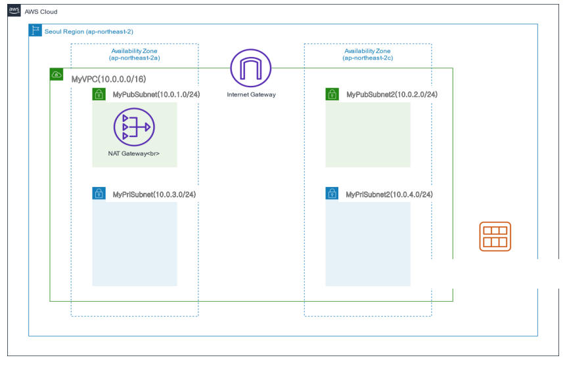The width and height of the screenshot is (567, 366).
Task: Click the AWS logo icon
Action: [14, 11]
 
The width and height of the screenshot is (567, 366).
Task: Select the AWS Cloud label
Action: [41, 12]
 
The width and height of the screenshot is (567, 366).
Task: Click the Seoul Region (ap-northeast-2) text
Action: [89, 31]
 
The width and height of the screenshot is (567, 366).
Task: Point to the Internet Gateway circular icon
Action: [251, 70]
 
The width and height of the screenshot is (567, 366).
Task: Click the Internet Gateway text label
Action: [251, 94]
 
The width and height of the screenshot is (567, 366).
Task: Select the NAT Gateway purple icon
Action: [133, 127]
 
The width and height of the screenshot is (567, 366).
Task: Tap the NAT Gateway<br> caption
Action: [134, 153]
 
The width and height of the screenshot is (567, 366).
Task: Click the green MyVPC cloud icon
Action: [57, 74]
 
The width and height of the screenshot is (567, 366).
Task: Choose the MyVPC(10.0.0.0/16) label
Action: [108, 79]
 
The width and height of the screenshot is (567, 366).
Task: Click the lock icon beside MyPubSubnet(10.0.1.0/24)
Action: [99, 94]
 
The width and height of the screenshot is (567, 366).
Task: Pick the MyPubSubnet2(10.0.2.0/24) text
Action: [392, 94]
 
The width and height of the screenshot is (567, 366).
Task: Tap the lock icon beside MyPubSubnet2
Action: [332, 94]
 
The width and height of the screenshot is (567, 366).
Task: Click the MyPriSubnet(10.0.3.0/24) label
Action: [154, 194]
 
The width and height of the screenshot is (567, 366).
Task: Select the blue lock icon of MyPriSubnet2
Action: [332, 194]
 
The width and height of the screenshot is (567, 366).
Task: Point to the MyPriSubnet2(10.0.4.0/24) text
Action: [389, 194]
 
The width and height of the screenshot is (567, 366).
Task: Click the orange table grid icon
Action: [495, 236]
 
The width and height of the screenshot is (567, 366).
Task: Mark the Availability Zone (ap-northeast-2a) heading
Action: [135, 54]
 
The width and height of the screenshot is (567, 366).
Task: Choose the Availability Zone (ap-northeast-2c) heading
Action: [367, 54]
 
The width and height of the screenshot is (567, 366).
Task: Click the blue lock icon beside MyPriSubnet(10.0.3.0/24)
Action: [99, 194]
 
